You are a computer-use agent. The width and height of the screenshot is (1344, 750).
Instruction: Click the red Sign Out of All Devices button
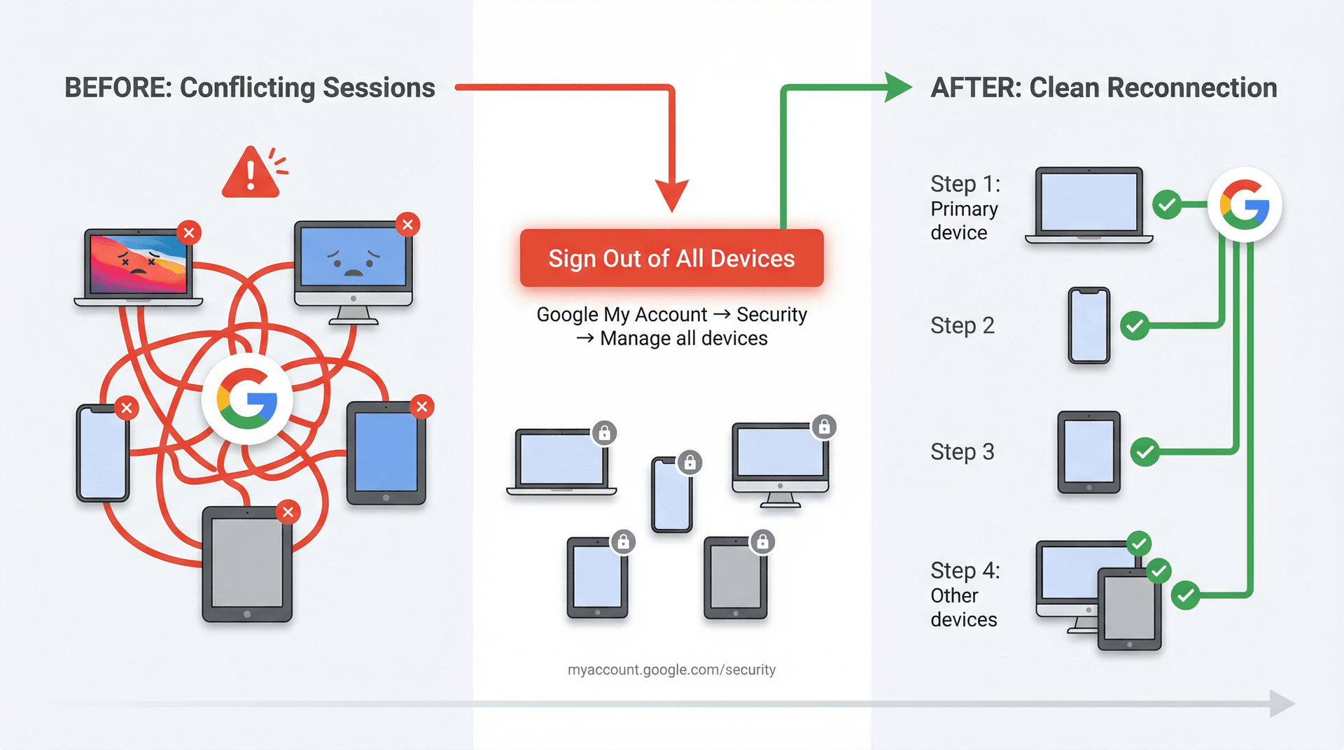671,258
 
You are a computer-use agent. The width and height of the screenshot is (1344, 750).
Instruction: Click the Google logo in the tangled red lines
246,399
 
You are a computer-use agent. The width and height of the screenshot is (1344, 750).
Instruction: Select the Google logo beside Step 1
1244,204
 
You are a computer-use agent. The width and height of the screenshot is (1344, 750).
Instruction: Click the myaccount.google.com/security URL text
671,670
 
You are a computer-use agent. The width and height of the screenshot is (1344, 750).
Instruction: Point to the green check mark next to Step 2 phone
1135,325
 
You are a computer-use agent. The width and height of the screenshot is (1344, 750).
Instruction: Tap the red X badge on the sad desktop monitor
407,225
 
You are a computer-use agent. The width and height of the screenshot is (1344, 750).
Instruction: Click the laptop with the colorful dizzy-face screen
138,267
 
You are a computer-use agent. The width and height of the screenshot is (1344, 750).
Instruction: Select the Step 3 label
962,452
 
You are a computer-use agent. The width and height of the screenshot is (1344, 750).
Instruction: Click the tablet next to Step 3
1088,452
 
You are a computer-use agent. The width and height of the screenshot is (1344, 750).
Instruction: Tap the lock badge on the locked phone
689,462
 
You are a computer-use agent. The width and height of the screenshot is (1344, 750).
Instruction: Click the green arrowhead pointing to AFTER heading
897,87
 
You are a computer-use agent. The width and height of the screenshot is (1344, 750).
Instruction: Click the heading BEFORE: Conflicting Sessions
250,88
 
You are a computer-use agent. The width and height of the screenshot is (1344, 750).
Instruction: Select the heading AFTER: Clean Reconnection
1103,88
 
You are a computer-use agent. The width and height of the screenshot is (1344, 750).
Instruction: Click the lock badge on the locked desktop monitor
824,426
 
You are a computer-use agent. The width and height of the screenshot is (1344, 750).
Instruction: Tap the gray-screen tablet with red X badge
246,564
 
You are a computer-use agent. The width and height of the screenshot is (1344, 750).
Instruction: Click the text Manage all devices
683,339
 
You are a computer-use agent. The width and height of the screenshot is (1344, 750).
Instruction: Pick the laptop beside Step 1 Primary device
1088,205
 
